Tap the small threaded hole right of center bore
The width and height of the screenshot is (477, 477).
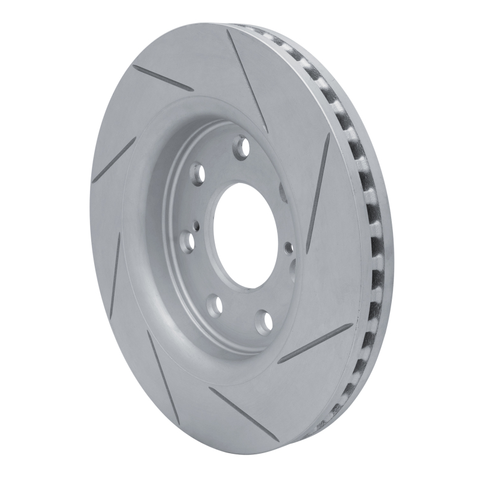287,245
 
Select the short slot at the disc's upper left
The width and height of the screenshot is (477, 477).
163,78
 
